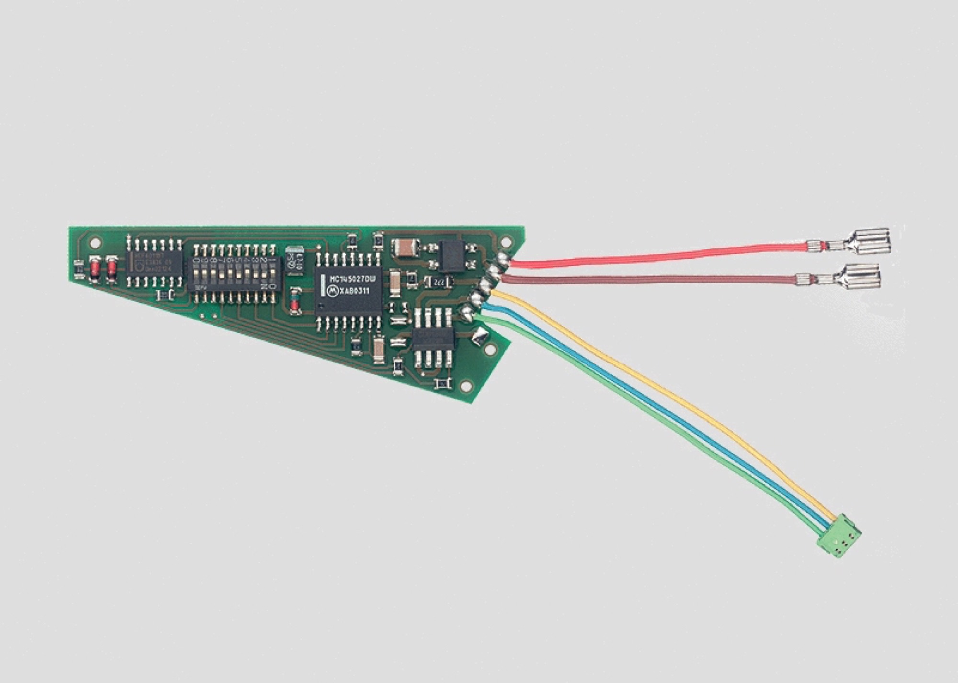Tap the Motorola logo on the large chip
coord(332,291)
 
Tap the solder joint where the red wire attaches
coord(502,259)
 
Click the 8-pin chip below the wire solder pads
coord(433,339)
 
